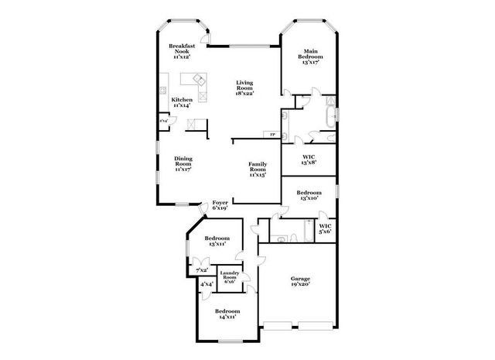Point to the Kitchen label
[183, 101]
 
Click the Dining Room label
[183, 163]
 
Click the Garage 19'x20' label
[300, 282]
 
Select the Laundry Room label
[229, 277]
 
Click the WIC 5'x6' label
[326, 228]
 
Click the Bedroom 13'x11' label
[217, 241]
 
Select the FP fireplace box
[272, 135]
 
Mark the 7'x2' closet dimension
[202, 269]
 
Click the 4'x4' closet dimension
[207, 285]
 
